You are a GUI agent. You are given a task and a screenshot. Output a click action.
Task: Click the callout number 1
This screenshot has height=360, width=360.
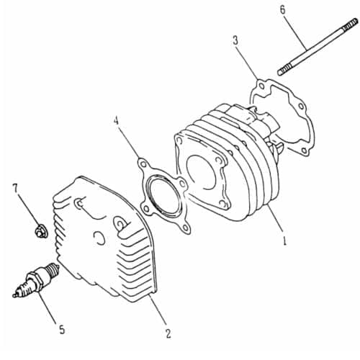(285, 240)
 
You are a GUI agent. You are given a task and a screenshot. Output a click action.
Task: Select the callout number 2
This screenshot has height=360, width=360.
(168, 333)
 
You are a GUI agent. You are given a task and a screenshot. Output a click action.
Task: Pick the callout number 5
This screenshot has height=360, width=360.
(62, 330)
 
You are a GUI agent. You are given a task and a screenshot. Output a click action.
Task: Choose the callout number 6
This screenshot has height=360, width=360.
(283, 10)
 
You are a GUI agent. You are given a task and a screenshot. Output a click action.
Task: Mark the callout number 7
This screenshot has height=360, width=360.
(15, 189)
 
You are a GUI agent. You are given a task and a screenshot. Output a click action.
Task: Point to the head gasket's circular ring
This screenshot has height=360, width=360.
(164, 194)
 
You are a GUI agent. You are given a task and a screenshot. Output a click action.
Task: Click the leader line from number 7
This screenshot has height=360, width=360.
(27, 210)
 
